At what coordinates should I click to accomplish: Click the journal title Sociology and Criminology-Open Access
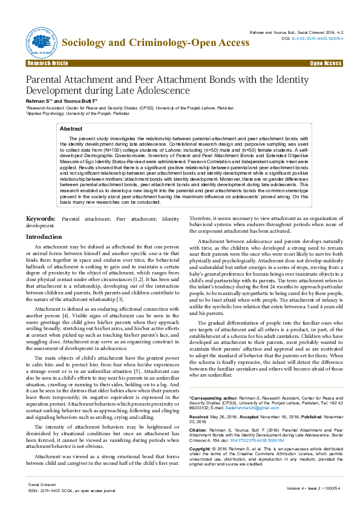[156, 42]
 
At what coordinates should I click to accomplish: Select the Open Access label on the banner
[326, 63]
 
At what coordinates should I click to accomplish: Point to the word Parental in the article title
[48, 80]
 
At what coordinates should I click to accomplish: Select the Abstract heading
[72, 129]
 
